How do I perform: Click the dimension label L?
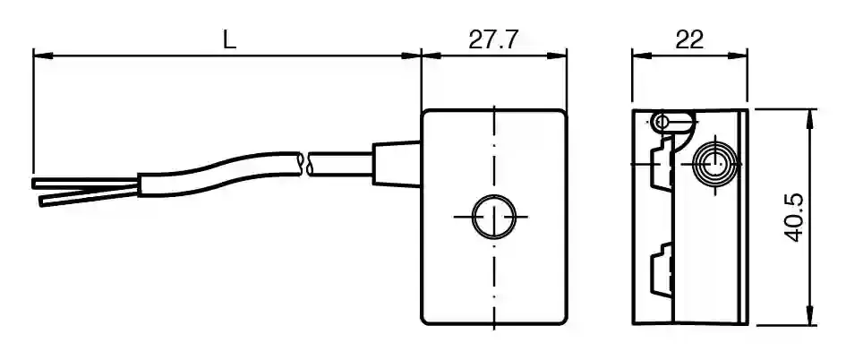coord(230,40)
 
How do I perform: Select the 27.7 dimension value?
coord(493,40)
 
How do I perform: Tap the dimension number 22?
coord(689,40)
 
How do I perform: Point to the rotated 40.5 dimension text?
coord(793,218)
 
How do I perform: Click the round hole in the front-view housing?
coord(493,217)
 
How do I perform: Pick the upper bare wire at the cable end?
coord(85,183)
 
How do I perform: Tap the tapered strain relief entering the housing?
coord(397,164)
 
